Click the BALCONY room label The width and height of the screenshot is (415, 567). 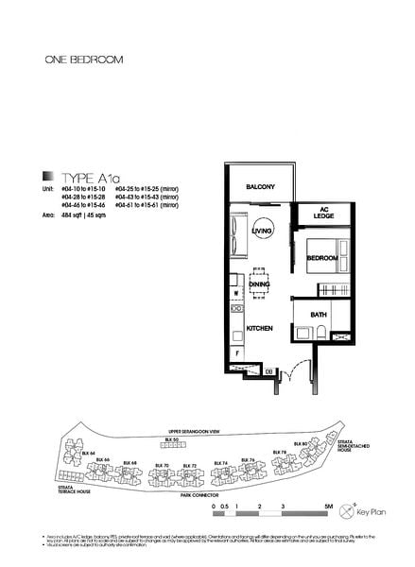click(x=260, y=187)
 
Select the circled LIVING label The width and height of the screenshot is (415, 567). click(x=262, y=231)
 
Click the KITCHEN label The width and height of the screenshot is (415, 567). click(x=260, y=328)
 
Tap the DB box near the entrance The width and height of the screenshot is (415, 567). click(x=268, y=372)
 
